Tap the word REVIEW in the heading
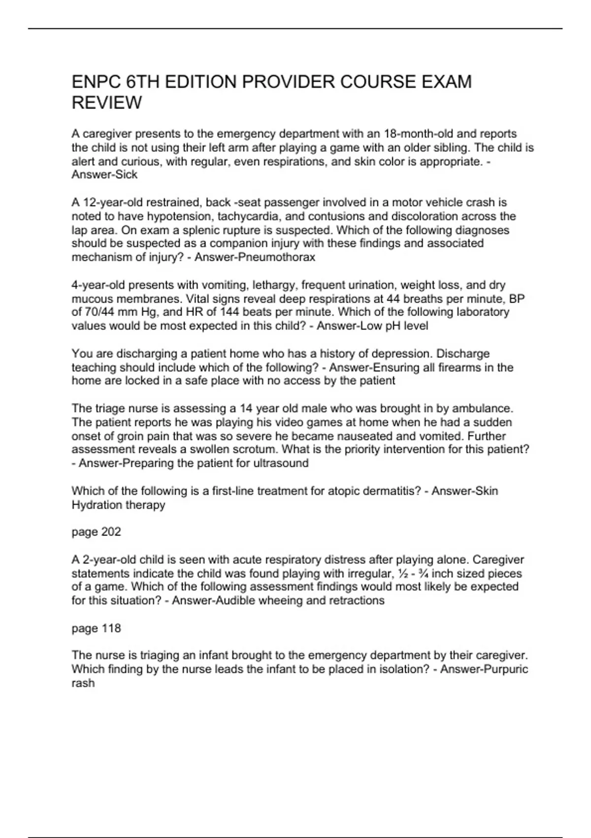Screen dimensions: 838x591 (106, 103)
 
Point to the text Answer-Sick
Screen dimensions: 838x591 (104, 175)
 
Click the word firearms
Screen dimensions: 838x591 (464, 368)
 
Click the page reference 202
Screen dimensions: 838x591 (111, 532)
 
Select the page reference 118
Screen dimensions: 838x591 (111, 628)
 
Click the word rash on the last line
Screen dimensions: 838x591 (83, 684)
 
